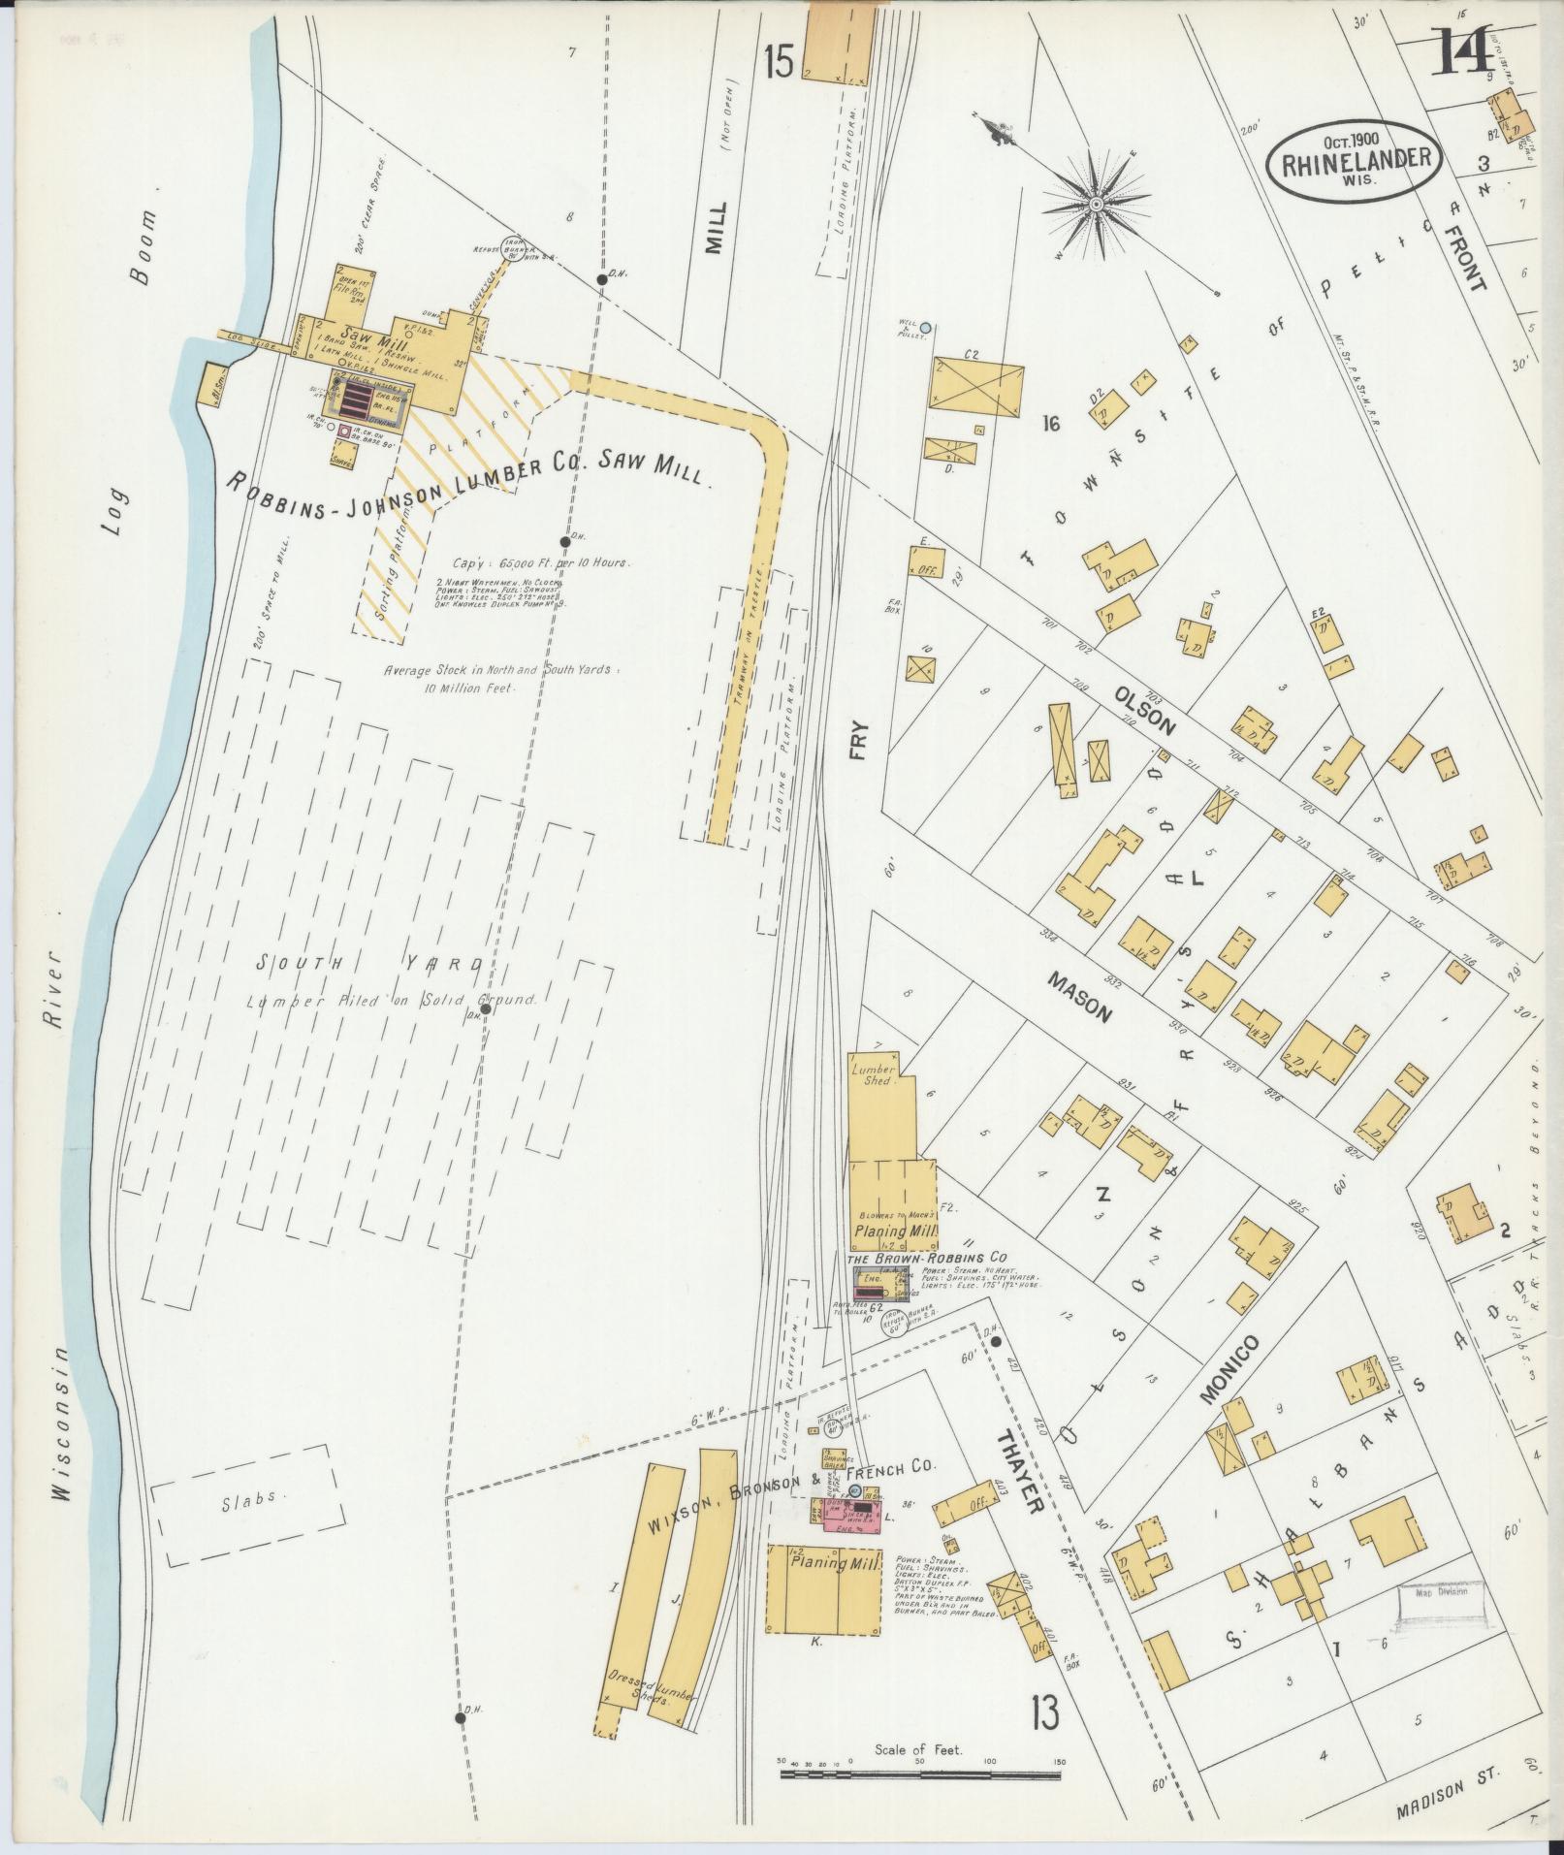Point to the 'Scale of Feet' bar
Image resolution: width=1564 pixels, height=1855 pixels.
pyautogui.click(x=923, y=1775)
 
